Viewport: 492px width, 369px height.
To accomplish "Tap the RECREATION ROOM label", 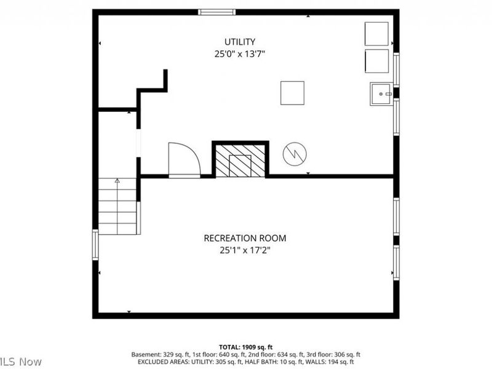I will pos(245,238).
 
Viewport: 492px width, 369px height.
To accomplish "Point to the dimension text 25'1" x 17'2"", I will pos(245,250).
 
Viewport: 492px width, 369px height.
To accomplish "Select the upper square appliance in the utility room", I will pos(376,33).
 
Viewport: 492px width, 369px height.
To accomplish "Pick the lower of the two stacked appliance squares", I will pos(376,61).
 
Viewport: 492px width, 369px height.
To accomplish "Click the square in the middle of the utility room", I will pos(292,93).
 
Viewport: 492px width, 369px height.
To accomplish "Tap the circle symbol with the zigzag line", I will pos(294,154).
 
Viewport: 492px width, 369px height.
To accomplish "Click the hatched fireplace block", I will pos(240,161).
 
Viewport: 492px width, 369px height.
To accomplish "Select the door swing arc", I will pos(184,159).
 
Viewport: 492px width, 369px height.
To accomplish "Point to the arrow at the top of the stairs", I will pos(117,181).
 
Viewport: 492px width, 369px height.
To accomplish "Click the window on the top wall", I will pos(216,12).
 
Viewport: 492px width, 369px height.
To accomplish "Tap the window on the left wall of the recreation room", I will pos(95,244).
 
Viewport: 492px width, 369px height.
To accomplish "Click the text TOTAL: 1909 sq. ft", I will pos(245,347).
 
